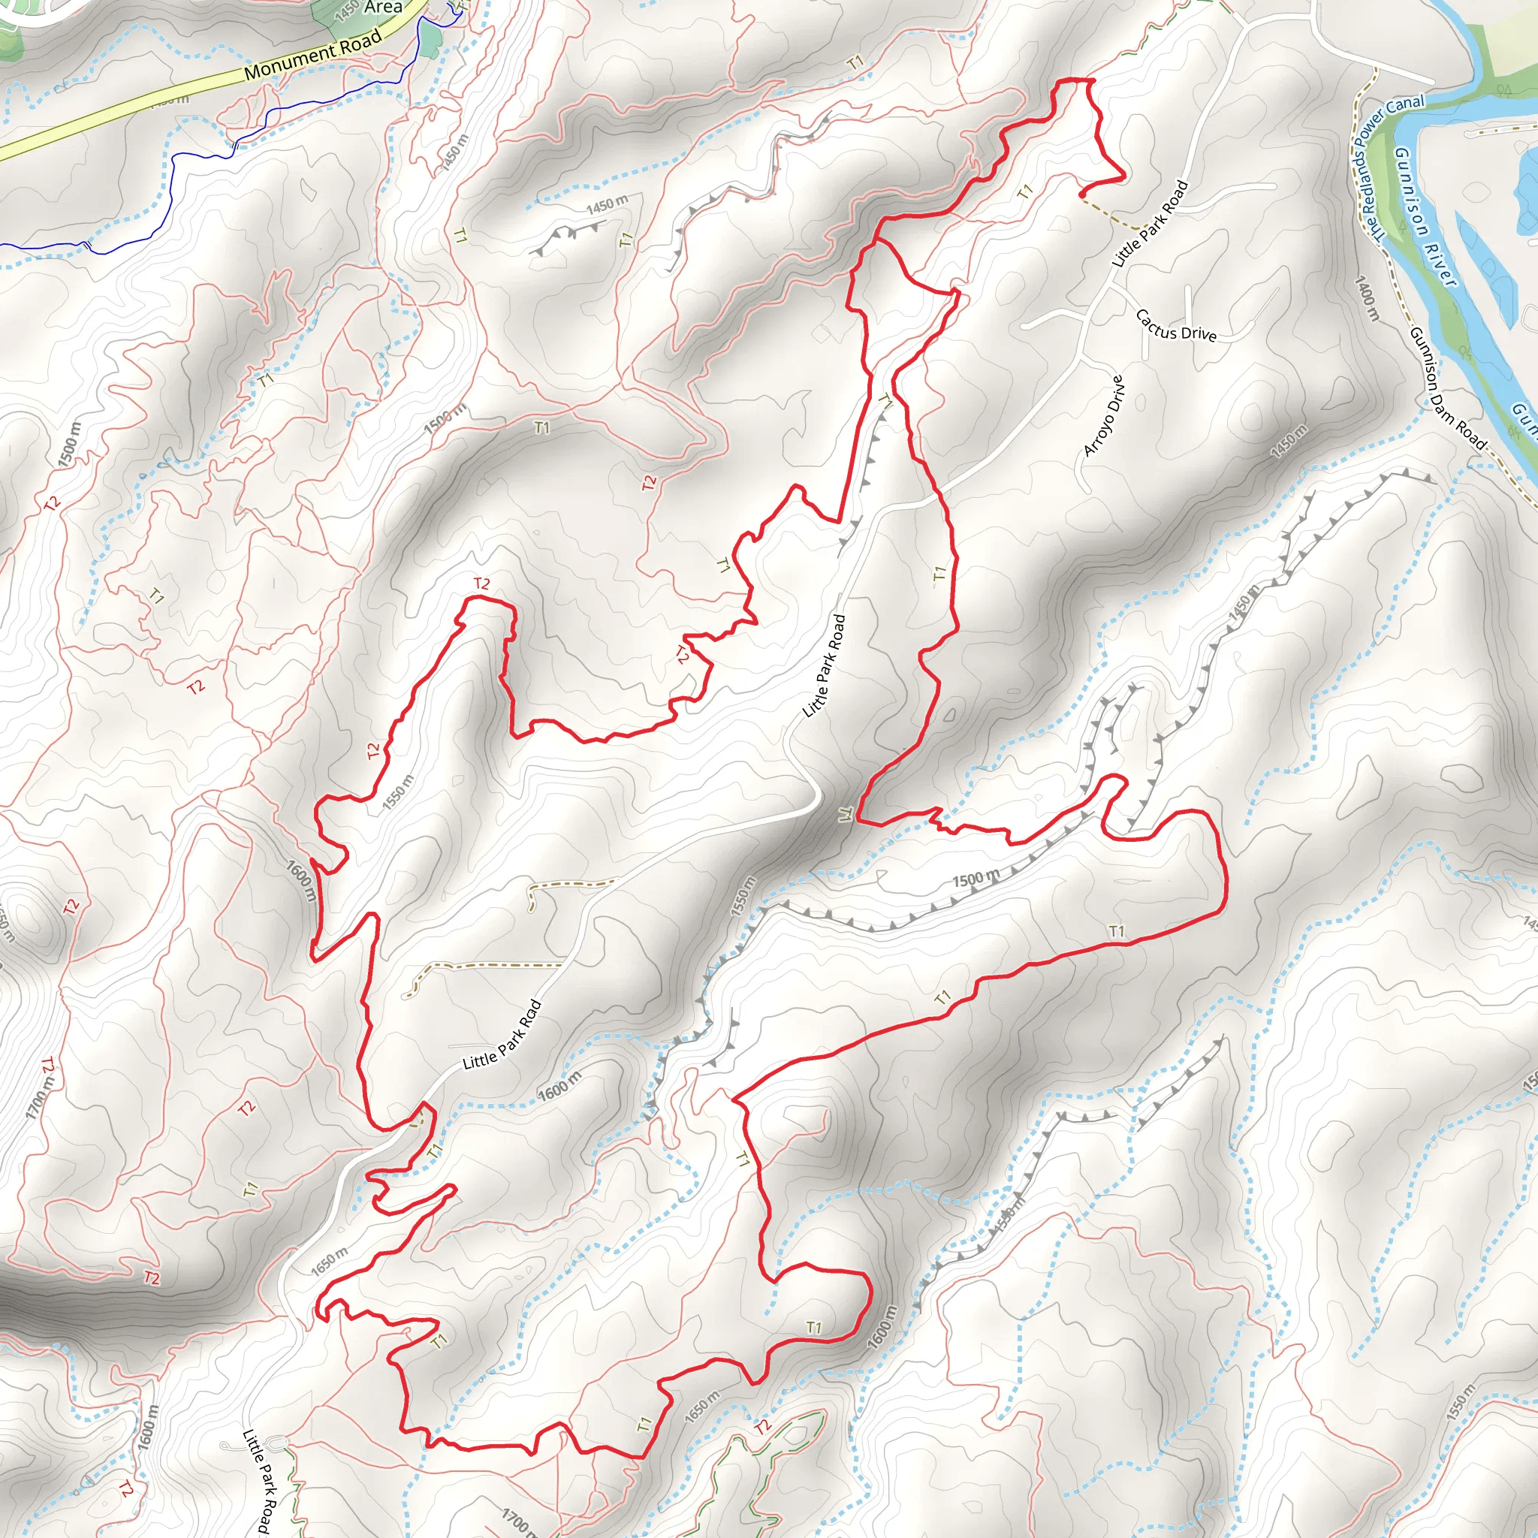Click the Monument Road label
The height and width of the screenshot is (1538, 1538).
click(x=313, y=54)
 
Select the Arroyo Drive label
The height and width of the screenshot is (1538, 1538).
click(x=1104, y=415)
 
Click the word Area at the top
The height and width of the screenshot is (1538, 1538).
click(x=383, y=8)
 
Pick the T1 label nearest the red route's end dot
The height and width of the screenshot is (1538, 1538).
click(x=1024, y=191)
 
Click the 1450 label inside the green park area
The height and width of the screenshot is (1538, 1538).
click(x=347, y=11)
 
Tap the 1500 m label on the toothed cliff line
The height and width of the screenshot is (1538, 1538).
click(x=976, y=879)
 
